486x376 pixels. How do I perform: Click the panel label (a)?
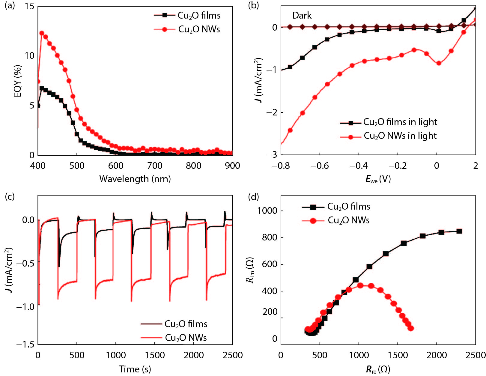click(x=10, y=5)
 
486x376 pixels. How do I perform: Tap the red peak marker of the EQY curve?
click(x=42, y=33)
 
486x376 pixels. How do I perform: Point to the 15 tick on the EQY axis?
click(x=30, y=6)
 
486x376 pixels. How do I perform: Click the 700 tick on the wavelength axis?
click(x=155, y=166)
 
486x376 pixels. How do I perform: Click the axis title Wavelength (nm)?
click(x=135, y=179)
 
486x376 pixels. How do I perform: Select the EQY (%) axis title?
click(x=18, y=81)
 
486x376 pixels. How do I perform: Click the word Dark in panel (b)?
click(x=302, y=15)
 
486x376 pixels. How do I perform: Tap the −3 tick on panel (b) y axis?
click(x=271, y=155)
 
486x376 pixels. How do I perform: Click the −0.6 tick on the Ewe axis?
click(x=320, y=166)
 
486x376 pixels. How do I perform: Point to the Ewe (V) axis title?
click(x=378, y=179)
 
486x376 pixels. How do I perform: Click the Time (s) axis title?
click(x=135, y=369)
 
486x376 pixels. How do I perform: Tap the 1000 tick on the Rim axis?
click(x=267, y=210)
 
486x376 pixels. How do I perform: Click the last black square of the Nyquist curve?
click(x=459, y=231)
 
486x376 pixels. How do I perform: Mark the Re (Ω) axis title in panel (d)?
click(x=378, y=369)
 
